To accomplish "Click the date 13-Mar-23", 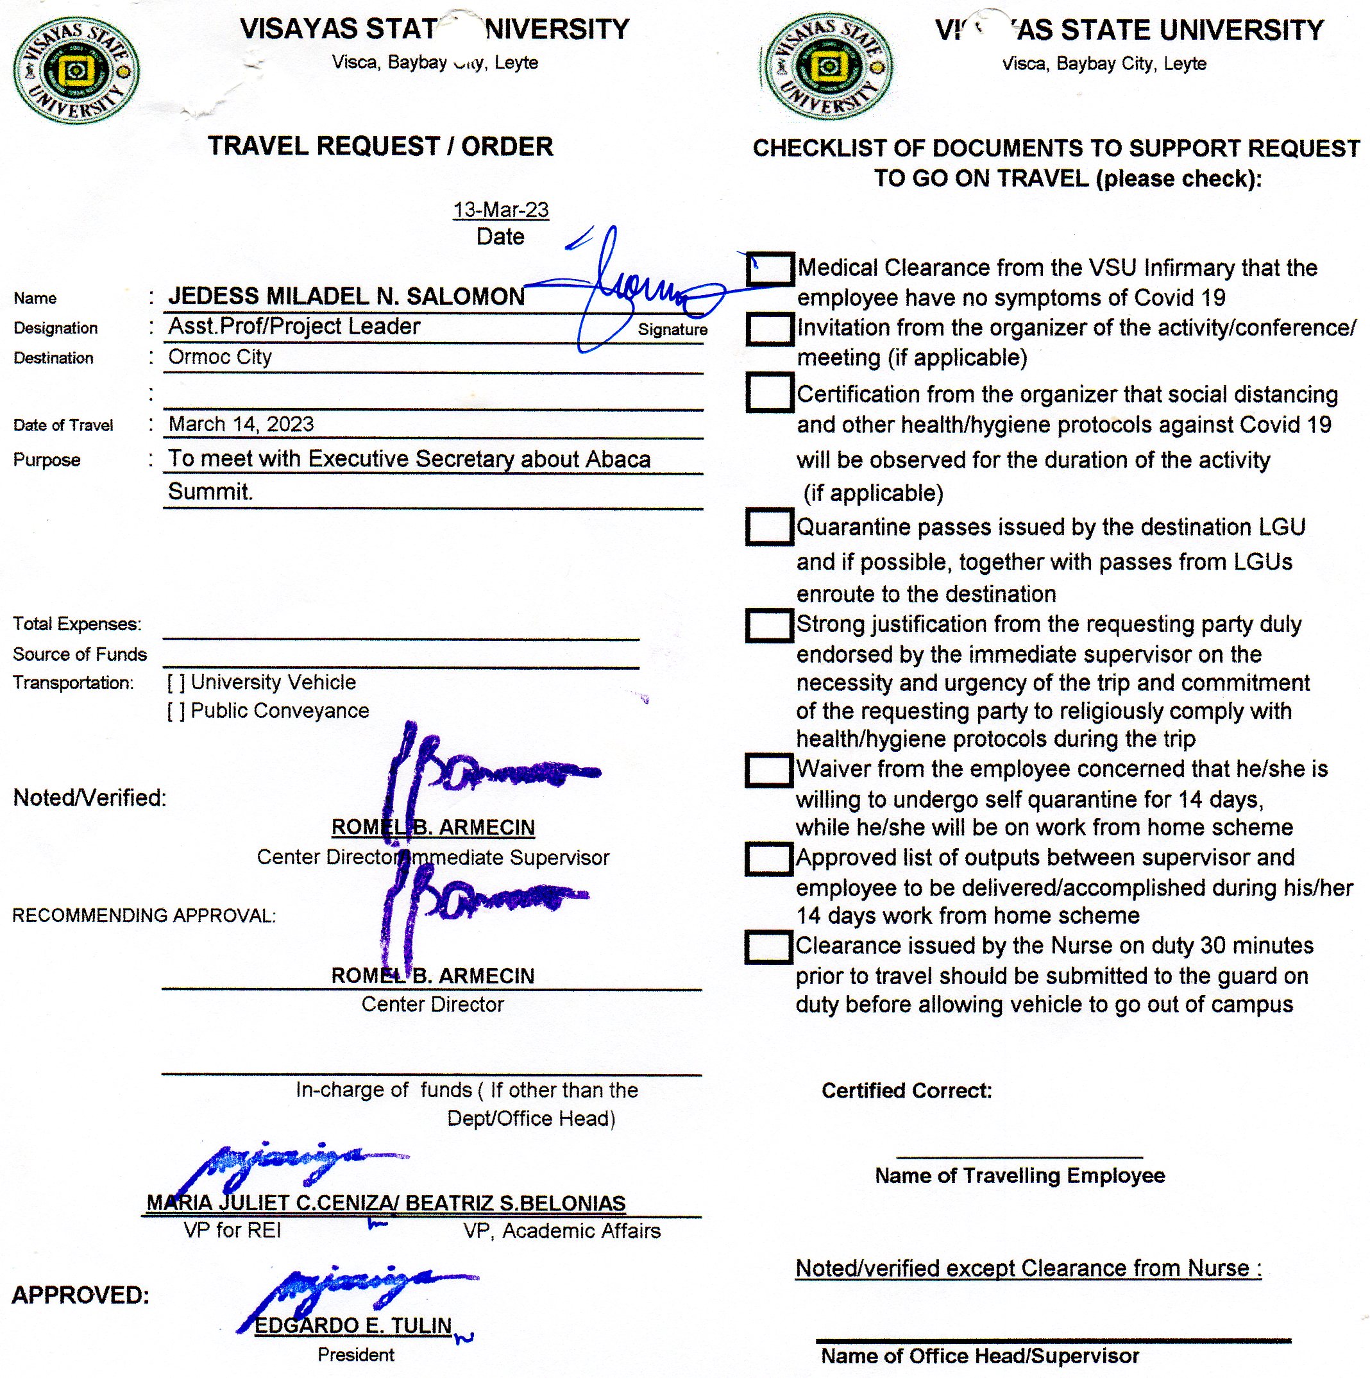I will tap(501, 210).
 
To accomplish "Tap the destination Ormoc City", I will tap(219, 357).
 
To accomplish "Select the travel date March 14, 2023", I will tap(241, 425).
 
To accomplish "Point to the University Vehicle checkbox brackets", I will tap(176, 683).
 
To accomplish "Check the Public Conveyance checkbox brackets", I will tap(176, 711).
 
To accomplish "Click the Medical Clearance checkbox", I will tap(770, 269).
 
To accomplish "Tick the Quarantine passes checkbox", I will tap(769, 527).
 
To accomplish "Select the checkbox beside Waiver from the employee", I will tap(769, 770).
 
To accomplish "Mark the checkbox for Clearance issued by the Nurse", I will tap(769, 947).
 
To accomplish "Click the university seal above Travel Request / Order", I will tap(76, 70).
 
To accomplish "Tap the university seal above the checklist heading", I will tap(827, 66).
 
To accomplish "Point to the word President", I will tap(356, 1354).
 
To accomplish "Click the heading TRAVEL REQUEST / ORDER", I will tap(380, 146).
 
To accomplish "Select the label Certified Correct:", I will tap(906, 1090).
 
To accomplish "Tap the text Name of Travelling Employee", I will tap(1019, 1175).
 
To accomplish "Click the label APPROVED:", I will tap(81, 1295).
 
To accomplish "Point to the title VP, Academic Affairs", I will tap(562, 1230).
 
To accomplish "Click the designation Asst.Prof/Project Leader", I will tap(294, 327).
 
